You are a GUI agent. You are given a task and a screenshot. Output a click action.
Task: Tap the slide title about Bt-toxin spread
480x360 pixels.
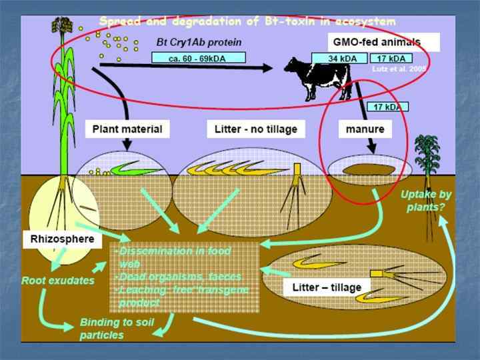(247, 22)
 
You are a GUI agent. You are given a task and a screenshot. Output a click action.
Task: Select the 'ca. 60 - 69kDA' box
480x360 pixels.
(199, 58)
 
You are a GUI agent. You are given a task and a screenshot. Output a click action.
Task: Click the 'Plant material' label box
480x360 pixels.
(127, 128)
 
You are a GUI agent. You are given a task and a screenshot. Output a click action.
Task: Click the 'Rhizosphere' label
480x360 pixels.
(58, 239)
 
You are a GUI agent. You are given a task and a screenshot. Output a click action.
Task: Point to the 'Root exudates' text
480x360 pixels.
(58, 281)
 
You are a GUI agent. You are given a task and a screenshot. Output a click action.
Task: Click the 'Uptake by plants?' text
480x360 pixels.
(426, 201)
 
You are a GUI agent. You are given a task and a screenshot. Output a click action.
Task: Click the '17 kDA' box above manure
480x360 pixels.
(387, 105)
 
